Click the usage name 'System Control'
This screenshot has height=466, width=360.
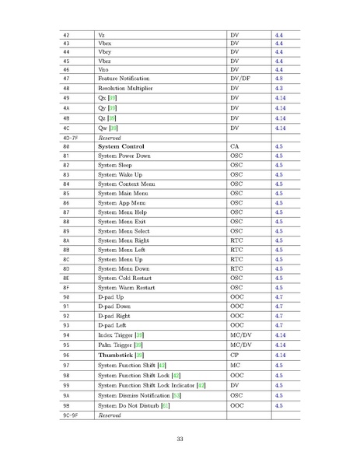point(123,146)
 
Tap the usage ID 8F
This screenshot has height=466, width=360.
point(66,287)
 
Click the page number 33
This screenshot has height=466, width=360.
point(180,440)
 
